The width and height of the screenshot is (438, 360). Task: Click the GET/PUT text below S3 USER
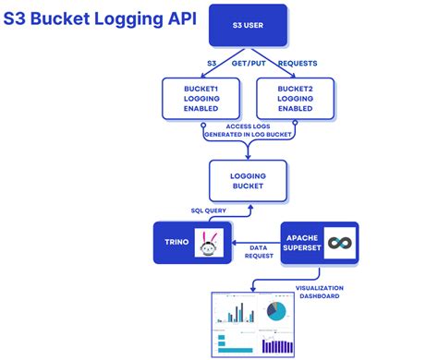247,65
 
